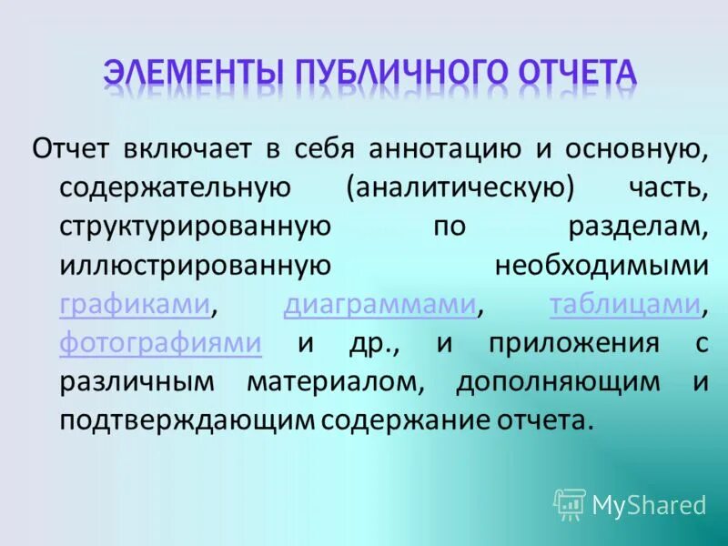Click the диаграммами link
(380, 304)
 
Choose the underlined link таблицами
(625, 304)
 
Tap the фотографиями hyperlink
(161, 343)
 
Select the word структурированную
(195, 226)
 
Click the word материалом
(334, 382)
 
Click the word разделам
(638, 226)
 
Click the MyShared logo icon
(570, 504)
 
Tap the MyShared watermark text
(649, 505)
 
